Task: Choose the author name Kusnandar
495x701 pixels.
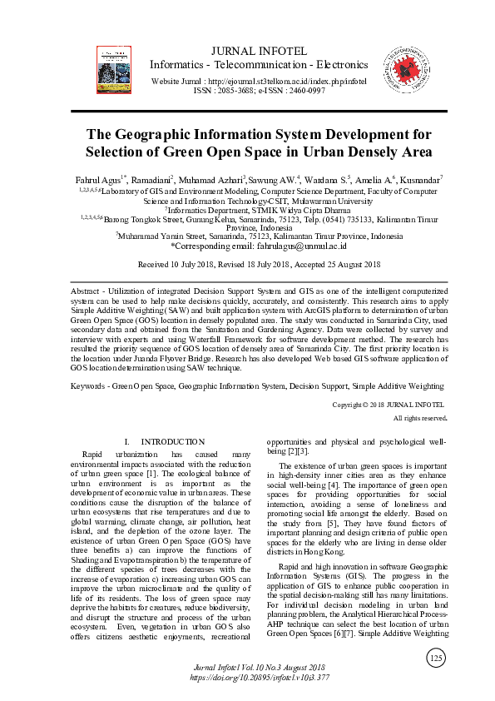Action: (x=419, y=180)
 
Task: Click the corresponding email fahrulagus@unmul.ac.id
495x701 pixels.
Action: (x=290, y=246)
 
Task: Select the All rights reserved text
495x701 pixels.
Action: (x=419, y=418)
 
